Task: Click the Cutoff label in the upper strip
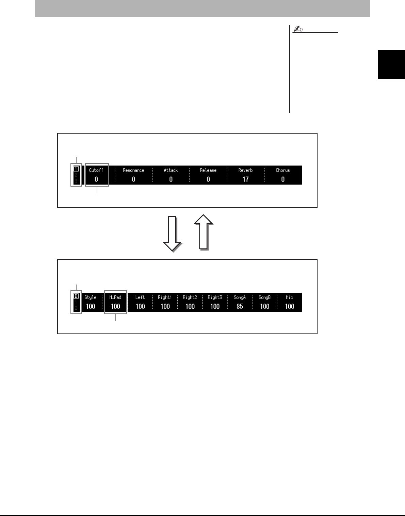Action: click(x=96, y=170)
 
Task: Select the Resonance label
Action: click(x=133, y=170)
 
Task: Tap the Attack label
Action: click(x=171, y=170)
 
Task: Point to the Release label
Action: click(x=208, y=170)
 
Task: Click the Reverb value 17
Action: click(x=245, y=179)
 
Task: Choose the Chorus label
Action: click(x=283, y=170)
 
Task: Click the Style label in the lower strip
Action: click(x=91, y=297)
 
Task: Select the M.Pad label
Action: click(x=115, y=297)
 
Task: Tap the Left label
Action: click(x=140, y=297)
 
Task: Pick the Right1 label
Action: click(x=165, y=297)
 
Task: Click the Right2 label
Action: click(x=190, y=297)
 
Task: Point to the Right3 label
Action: click(x=215, y=297)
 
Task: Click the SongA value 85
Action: click(x=240, y=306)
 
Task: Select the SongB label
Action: click(x=265, y=297)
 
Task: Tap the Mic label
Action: click(x=290, y=297)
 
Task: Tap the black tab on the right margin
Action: click(x=391, y=65)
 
